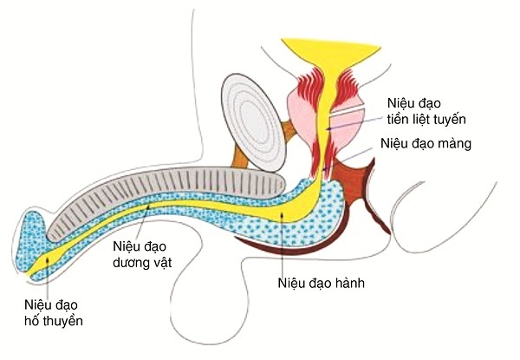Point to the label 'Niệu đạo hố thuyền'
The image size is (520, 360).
coord(54,312)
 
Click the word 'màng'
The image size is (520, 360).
coord(453,144)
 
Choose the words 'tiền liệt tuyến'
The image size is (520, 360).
coord(422,119)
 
